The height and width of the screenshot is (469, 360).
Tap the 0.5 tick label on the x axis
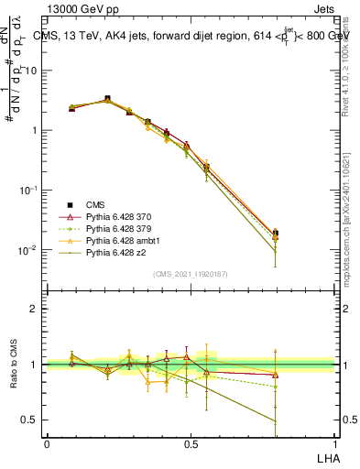pyautogui.click(x=191, y=442)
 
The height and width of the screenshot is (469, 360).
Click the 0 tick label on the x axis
pyautogui.click(x=47, y=442)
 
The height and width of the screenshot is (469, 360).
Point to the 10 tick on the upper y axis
pyautogui.click(x=31, y=70)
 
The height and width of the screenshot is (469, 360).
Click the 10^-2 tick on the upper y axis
pyautogui.click(x=29, y=249)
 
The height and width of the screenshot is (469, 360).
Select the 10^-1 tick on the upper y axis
pyautogui.click(x=29, y=190)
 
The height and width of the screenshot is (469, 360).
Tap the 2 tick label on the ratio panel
pyautogui.click(x=35, y=309)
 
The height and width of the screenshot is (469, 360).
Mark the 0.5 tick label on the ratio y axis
pyautogui.click(x=30, y=420)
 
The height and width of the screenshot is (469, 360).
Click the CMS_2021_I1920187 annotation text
pyautogui.click(x=191, y=273)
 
